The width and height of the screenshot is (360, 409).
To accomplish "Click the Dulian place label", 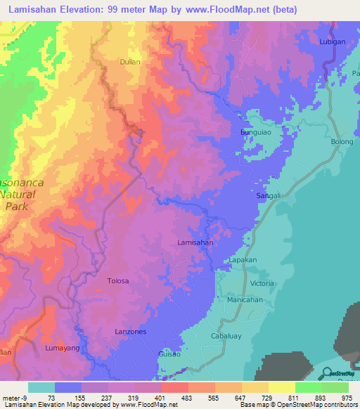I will pyautogui.click(x=130, y=62).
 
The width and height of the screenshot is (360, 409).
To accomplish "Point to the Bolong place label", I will pyautogui.click(x=342, y=142).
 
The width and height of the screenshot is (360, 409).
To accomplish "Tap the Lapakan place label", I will pyautogui.click(x=243, y=260).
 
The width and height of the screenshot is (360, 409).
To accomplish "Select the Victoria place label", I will pyautogui.click(x=262, y=283).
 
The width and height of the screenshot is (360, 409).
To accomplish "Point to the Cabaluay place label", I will pyautogui.click(x=226, y=336).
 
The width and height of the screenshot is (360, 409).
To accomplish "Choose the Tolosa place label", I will pyautogui.click(x=117, y=281).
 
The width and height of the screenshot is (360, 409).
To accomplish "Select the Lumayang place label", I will pyautogui.click(x=60, y=348).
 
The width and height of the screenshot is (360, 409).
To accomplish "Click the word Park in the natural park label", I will pyautogui.click(x=17, y=207).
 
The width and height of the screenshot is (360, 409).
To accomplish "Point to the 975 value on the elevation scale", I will pyautogui.click(x=347, y=398).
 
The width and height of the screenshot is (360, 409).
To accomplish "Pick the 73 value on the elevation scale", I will pyautogui.click(x=51, y=398).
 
